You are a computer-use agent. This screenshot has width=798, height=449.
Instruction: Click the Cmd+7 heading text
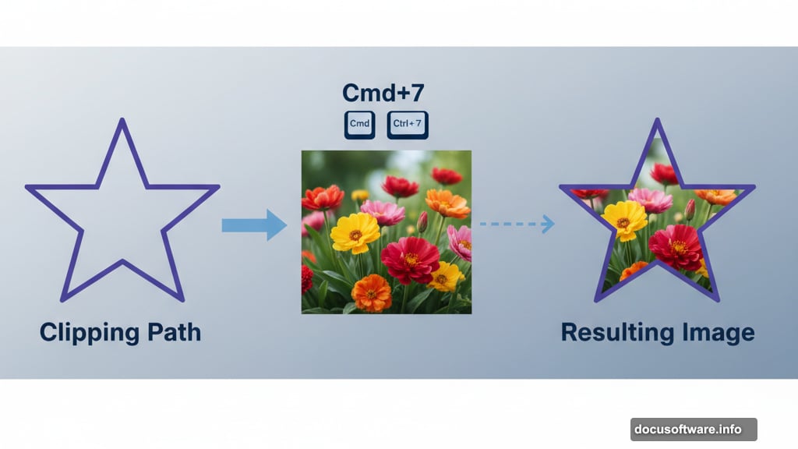pyautogui.click(x=383, y=94)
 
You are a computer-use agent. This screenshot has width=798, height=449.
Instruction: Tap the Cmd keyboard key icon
pyautogui.click(x=360, y=125)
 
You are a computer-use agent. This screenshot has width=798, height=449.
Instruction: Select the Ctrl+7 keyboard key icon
pyautogui.click(x=408, y=125)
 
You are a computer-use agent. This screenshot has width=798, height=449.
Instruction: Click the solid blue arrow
pyautogui.click(x=254, y=225)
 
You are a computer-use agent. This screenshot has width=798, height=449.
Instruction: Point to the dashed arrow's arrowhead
pyautogui.click(x=549, y=224)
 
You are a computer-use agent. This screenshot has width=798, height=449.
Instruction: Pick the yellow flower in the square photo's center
pyautogui.click(x=355, y=232)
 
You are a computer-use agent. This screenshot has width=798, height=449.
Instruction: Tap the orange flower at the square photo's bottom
pyautogui.click(x=371, y=293)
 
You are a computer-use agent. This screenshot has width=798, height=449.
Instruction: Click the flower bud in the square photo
pyautogui.click(x=422, y=222)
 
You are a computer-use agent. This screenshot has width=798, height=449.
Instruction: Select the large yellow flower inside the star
pyautogui.click(x=624, y=221)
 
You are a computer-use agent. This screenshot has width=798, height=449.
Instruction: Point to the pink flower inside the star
pyautogui.click(x=651, y=200)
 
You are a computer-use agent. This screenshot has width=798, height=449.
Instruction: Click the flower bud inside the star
pyautogui.click(x=690, y=209)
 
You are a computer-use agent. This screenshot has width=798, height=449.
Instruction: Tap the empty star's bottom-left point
pyautogui.click(x=62, y=299)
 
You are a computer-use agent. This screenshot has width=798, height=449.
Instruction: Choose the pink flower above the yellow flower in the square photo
pyautogui.click(x=383, y=211)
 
